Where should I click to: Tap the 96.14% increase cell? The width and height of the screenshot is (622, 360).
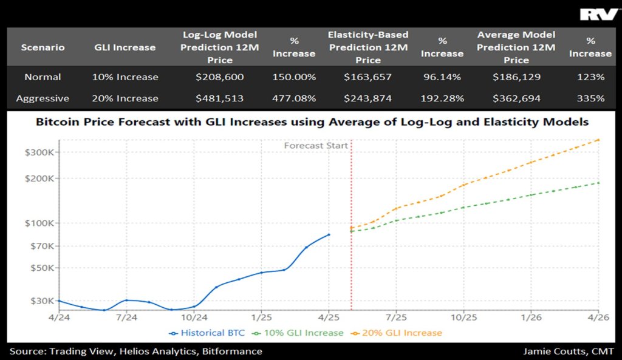point(442,77)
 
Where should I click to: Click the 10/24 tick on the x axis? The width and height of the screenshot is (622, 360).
point(194,317)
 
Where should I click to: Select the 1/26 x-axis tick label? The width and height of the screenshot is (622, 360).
point(531,317)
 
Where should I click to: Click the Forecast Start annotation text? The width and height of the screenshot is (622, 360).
point(316,146)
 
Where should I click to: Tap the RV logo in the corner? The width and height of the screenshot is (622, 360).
point(599,15)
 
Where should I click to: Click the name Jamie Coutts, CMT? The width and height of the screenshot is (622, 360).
point(568,351)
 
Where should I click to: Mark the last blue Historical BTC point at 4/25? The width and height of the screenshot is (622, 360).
point(329,234)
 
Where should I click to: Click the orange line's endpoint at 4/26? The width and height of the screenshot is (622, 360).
point(599,140)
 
